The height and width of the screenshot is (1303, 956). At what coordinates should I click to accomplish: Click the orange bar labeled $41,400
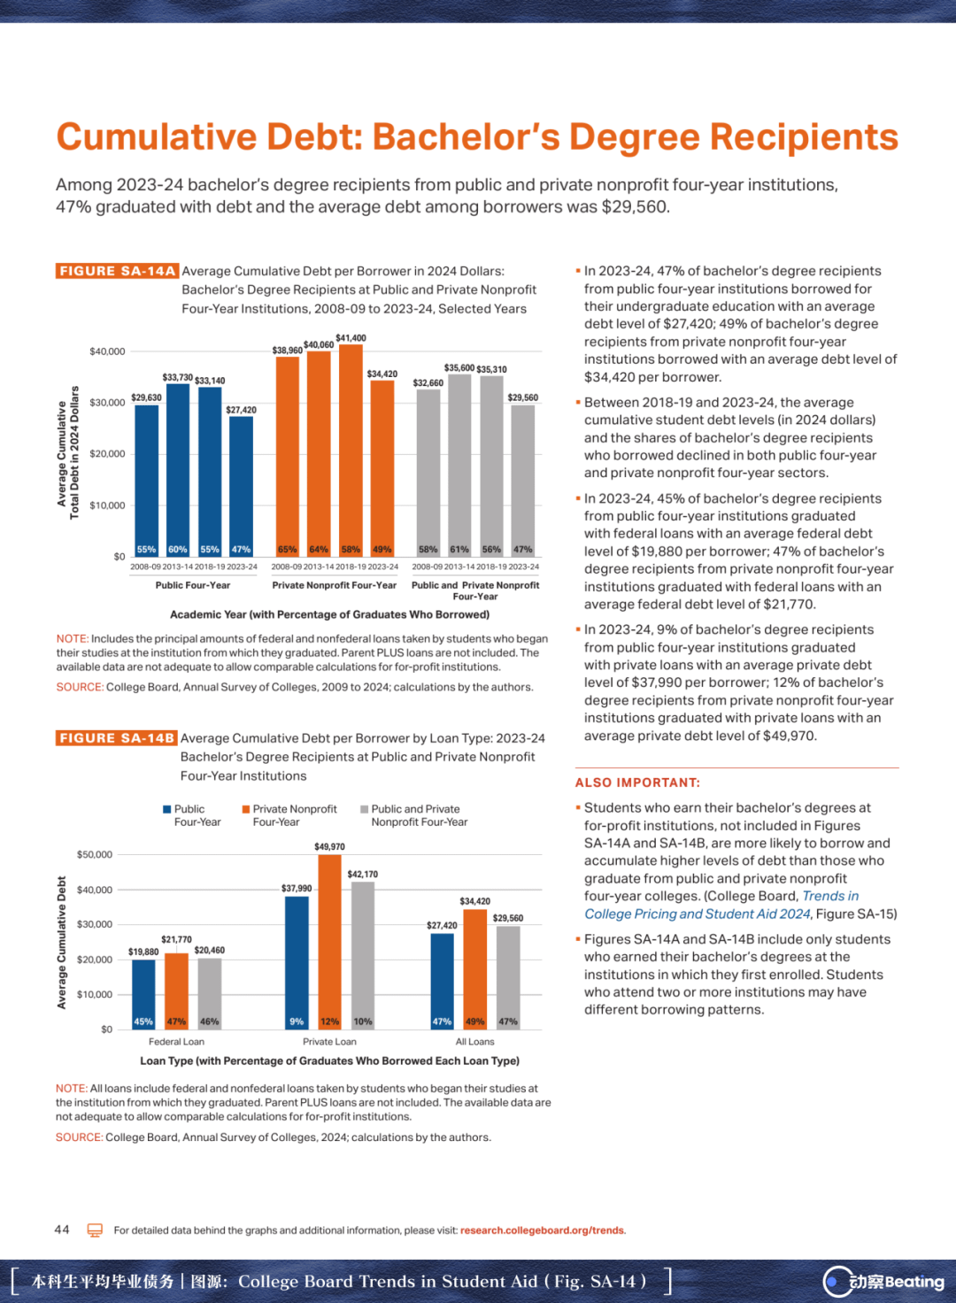(x=351, y=451)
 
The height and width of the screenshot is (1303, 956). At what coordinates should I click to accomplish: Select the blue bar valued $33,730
(x=178, y=470)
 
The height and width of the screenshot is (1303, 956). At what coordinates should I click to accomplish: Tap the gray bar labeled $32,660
(x=428, y=473)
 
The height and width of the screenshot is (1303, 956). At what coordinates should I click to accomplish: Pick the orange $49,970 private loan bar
(x=329, y=942)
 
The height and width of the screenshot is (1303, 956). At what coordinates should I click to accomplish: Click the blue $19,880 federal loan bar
(x=143, y=995)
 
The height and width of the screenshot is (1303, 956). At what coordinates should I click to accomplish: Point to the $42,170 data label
(x=363, y=875)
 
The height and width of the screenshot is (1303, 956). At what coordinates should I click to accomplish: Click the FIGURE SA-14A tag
(x=117, y=271)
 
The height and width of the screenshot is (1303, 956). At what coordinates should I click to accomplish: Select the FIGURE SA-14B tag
(x=116, y=738)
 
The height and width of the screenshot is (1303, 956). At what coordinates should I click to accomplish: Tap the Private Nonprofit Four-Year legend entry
(x=289, y=815)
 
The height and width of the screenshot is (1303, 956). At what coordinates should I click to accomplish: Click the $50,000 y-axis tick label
(x=94, y=854)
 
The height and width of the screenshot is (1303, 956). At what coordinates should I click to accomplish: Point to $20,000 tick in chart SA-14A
(x=107, y=454)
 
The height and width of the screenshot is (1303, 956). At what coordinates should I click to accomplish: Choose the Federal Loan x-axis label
(x=176, y=1041)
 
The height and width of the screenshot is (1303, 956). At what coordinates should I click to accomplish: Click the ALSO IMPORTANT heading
(x=637, y=783)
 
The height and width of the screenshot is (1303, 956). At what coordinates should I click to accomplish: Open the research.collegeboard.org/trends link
(x=543, y=1230)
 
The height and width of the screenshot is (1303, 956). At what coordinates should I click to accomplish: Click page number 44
(x=62, y=1230)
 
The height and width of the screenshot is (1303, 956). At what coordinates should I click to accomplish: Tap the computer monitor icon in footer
(x=95, y=1230)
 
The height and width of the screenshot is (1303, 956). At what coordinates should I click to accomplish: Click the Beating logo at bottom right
(x=883, y=1281)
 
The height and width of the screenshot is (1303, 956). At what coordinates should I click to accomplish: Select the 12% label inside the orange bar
(x=329, y=1022)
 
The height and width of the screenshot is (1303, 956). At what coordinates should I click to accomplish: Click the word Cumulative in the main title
(x=157, y=137)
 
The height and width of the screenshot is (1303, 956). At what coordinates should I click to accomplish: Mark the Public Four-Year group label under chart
(x=193, y=585)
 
